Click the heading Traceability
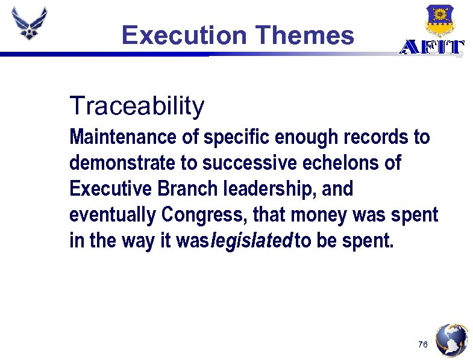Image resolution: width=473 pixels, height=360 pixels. [137, 106]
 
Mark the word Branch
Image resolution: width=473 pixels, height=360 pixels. [178, 189]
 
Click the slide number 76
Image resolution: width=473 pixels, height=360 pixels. [422, 344]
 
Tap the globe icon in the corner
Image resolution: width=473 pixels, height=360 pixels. [451, 341]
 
